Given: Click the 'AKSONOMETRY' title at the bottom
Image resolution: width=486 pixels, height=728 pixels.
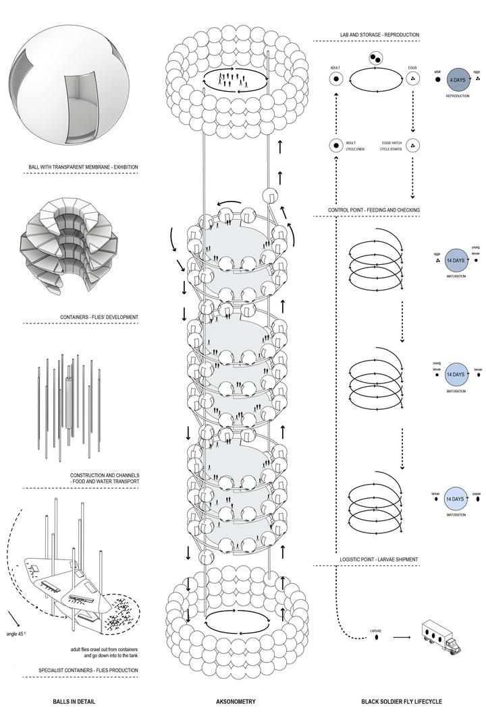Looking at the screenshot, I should (236, 702).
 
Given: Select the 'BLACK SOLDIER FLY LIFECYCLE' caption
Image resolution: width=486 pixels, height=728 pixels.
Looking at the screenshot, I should (402, 702).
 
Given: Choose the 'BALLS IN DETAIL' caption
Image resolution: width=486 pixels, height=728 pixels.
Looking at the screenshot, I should (74, 702).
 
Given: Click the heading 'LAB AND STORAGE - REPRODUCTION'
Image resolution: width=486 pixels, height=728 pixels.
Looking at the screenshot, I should (379, 35).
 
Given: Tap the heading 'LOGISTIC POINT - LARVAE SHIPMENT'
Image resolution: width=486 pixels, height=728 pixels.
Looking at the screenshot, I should (378, 559).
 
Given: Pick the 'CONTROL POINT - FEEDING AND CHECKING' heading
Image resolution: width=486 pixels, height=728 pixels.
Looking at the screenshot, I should (374, 210).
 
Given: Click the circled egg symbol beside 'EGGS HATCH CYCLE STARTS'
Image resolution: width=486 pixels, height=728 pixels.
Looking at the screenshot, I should (414, 146).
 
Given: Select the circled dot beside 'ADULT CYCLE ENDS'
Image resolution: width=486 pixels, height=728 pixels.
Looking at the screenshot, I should (333, 146).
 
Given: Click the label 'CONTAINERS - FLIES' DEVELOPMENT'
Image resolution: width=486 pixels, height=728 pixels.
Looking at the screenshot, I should (99, 316).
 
